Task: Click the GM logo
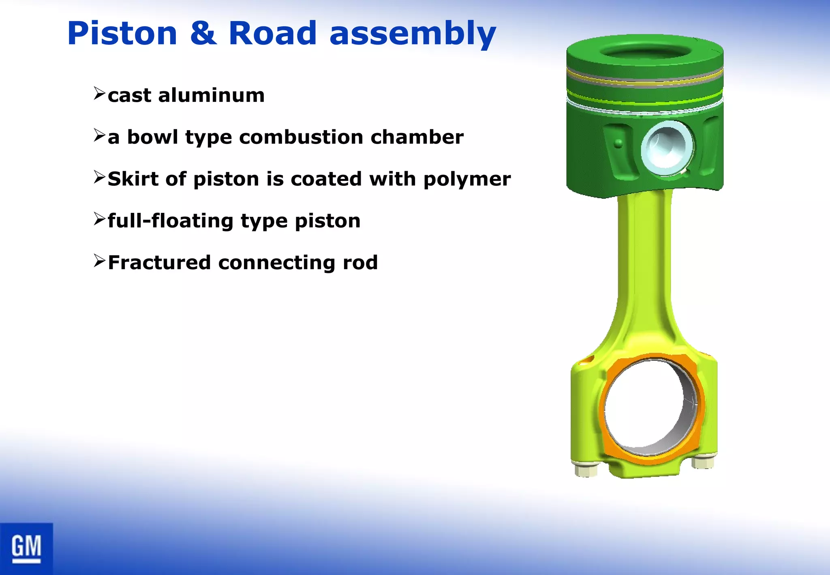[x=26, y=549]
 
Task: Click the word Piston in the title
[x=122, y=33]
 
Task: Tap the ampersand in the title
[x=203, y=33]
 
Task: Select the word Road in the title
[x=272, y=33]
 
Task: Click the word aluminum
[x=211, y=95]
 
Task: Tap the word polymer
[x=467, y=180]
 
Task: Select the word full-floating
[x=170, y=221]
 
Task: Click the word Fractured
[x=159, y=262]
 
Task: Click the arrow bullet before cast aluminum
[x=99, y=93]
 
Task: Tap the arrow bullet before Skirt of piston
[x=99, y=177]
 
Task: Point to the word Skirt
[x=133, y=179]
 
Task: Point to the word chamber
[x=417, y=137]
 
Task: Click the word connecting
[x=276, y=263]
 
